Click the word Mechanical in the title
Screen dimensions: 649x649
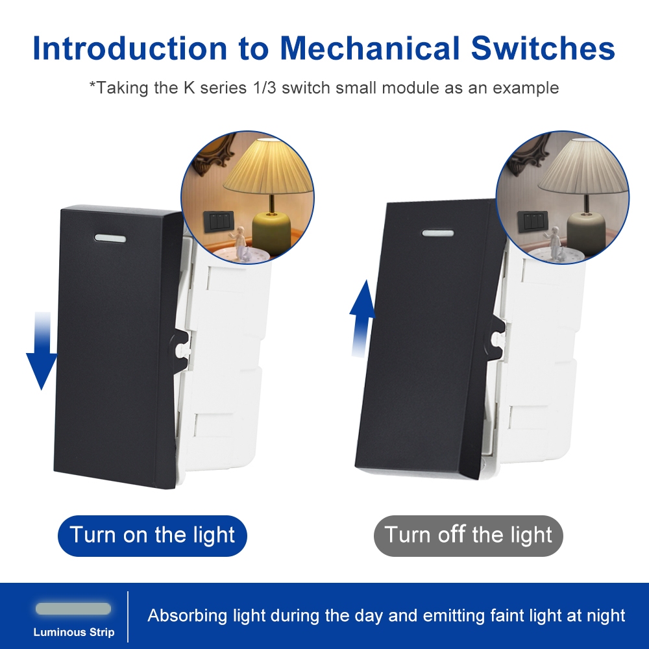point(370,48)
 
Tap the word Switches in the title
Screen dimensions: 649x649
point(543,48)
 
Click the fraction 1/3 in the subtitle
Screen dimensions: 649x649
point(264,88)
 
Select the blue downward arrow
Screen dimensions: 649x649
point(42,351)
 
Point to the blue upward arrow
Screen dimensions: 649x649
point(361,318)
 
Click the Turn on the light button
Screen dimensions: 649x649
point(153,535)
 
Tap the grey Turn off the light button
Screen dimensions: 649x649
point(469,535)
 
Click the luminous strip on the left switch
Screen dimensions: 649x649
point(110,238)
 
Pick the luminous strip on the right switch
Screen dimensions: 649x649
point(438,233)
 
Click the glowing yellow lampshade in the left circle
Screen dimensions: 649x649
point(268,167)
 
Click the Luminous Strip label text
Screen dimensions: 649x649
point(74,632)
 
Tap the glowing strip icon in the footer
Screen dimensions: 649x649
point(73,609)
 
